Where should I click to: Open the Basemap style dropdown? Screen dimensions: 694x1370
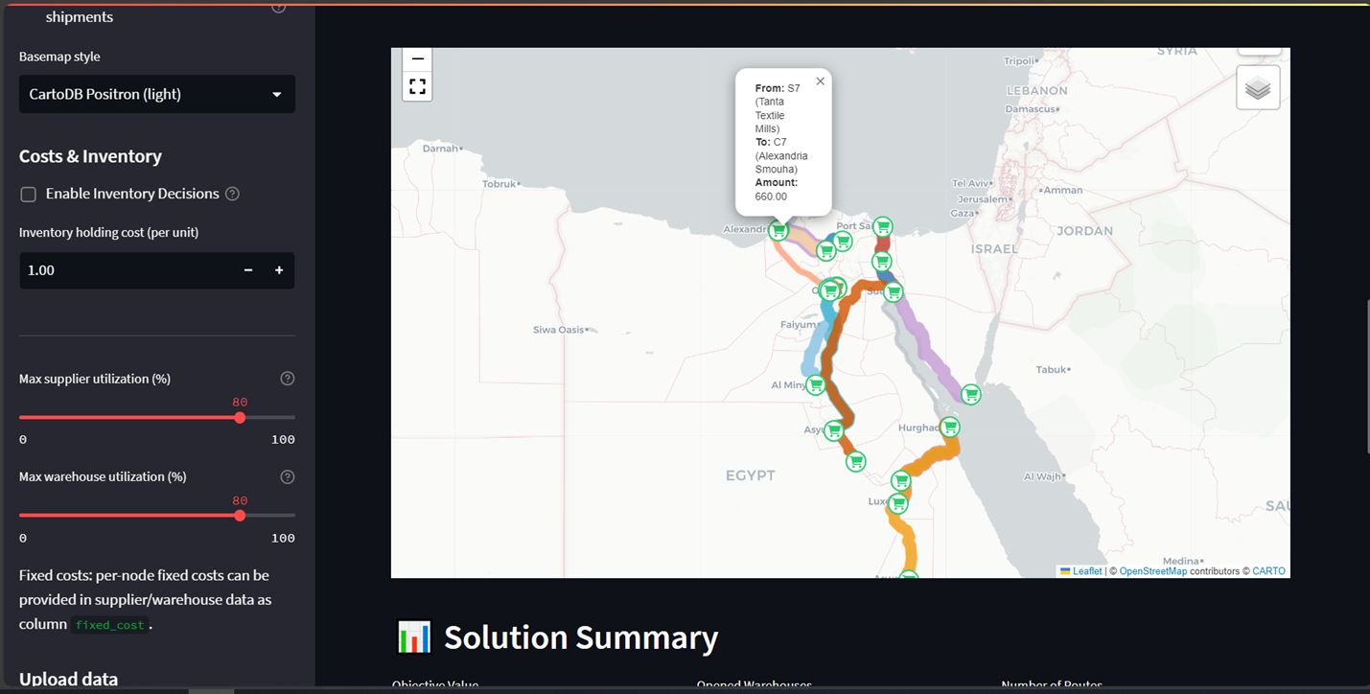point(156,94)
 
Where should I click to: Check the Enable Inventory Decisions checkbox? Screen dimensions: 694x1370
point(29,195)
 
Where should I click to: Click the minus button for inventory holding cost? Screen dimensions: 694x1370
point(248,270)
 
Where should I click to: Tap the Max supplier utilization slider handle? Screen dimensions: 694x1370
point(240,417)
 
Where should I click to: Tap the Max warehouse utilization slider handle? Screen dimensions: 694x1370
point(240,515)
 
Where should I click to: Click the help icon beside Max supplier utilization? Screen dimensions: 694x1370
point(288,379)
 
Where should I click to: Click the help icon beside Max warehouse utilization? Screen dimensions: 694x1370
point(288,476)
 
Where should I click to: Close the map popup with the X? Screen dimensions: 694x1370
point(820,81)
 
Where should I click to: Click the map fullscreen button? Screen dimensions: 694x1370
point(417,86)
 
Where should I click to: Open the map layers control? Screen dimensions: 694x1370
point(1258,88)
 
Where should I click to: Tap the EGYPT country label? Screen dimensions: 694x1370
point(750,475)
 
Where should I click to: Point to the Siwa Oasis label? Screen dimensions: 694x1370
point(558,330)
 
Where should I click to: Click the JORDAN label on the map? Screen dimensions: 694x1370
point(1084,231)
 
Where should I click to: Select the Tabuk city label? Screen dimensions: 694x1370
point(1052,370)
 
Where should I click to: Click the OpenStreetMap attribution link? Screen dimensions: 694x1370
point(1152,571)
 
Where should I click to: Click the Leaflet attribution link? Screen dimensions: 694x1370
point(1087,571)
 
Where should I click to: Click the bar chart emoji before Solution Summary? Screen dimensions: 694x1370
point(414,637)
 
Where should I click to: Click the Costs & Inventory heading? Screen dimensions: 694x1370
point(90,156)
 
